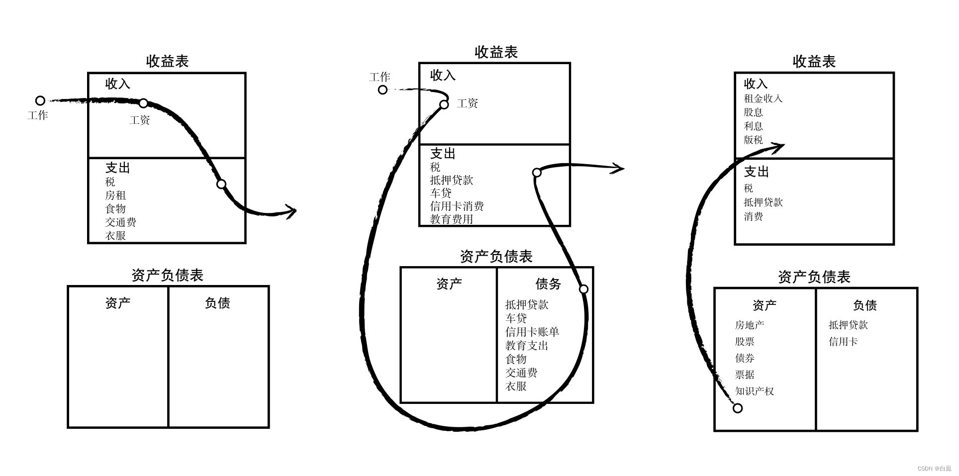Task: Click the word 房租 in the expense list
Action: tap(115, 195)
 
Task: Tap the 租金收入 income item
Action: tap(763, 98)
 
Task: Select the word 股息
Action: tap(753, 112)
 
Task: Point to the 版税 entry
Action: tap(753, 140)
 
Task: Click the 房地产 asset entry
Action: tap(749, 325)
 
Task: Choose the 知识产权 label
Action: tap(754, 391)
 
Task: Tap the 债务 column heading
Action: tap(548, 284)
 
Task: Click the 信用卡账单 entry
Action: tap(532, 332)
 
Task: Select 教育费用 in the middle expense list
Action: tap(451, 219)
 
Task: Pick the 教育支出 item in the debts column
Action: tap(526, 345)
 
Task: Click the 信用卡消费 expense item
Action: tap(457, 206)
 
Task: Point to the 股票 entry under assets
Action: tap(745, 341)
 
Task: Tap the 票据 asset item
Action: tap(745, 374)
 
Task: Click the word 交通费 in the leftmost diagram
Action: tap(120, 222)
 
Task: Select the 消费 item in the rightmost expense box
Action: tap(753, 216)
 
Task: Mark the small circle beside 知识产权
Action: tap(738, 408)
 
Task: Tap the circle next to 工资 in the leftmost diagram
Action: tap(143, 103)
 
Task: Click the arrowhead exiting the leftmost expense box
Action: tap(291, 211)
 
